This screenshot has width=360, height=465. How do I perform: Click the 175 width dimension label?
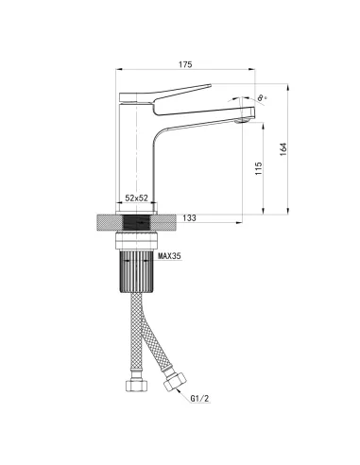[x=185, y=64]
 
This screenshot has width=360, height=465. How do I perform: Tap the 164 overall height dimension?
[x=283, y=149]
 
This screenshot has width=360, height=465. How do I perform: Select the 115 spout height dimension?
[x=259, y=168]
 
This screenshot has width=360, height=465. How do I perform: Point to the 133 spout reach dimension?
[x=189, y=217]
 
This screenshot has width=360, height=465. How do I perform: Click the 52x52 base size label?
[x=136, y=198]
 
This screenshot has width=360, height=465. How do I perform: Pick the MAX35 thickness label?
[x=169, y=256]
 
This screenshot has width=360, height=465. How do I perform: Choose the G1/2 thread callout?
[x=199, y=399]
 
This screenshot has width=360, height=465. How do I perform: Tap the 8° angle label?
[x=262, y=98]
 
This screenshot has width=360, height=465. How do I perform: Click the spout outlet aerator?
[x=242, y=120]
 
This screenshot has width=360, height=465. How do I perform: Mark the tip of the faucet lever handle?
[x=211, y=85]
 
